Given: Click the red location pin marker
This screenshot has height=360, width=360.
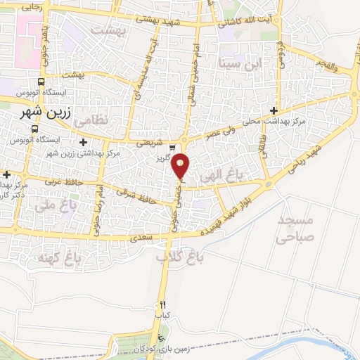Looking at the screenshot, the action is pos(181,165).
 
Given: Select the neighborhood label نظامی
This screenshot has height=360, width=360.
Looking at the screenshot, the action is pos(91,120).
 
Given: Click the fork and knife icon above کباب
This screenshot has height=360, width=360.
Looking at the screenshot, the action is pos(163,304).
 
